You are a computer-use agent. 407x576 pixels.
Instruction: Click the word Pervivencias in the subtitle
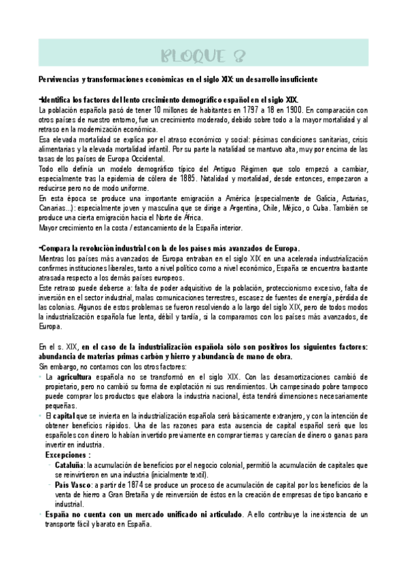click(x=59, y=79)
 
